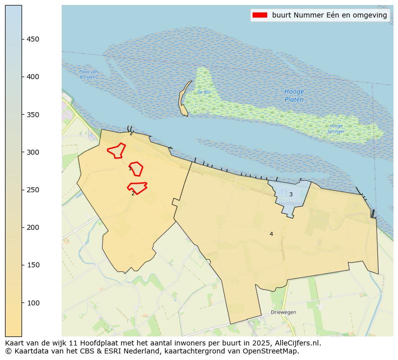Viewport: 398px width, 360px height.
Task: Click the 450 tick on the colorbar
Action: pos(22,39)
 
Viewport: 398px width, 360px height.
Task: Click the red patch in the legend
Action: pos(260,15)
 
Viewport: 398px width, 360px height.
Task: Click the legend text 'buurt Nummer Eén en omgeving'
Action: pos(329,15)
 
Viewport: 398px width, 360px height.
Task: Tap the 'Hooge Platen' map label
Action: pos(294,96)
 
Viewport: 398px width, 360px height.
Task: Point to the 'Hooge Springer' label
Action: pos(335,129)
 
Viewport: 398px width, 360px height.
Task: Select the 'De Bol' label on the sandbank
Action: pos(203,92)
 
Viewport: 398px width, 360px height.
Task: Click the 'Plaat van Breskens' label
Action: pos(88,75)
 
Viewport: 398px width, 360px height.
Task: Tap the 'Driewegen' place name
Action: pos(283,312)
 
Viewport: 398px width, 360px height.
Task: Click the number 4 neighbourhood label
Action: pos(271,234)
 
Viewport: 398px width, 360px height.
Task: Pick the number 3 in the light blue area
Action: pos(291,194)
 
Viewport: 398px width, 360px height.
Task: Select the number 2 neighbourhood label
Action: pos(133,193)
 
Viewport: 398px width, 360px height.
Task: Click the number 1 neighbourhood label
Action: pos(130,169)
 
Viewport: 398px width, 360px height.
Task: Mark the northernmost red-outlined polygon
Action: pos(116,150)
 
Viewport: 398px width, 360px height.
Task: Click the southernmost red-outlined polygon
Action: pos(137,187)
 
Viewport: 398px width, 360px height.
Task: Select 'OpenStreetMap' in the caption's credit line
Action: pos(273,351)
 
